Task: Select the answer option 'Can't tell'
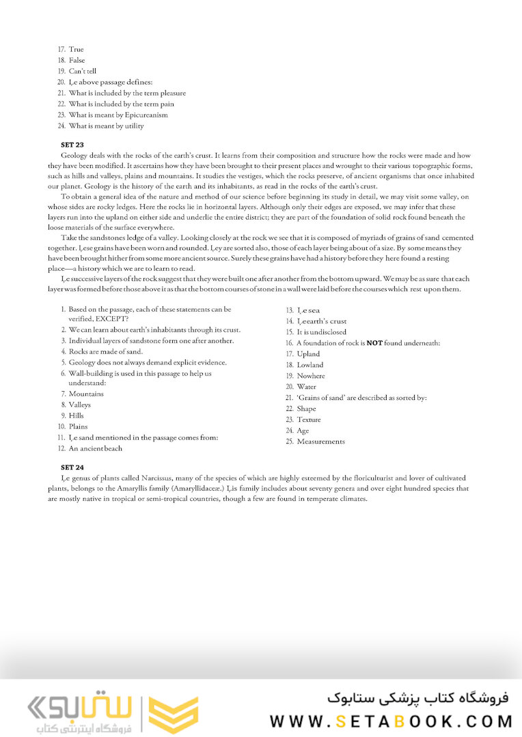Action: point(82,71)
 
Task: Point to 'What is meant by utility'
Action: point(106,126)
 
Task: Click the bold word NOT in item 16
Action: point(374,343)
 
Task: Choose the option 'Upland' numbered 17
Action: point(308,354)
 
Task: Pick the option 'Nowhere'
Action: point(311,376)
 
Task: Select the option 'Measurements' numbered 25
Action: point(320,442)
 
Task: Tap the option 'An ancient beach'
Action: point(96,448)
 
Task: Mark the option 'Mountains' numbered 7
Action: point(86,394)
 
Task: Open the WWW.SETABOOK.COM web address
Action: point(391,721)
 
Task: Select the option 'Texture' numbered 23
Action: point(308,420)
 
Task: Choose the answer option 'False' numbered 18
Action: point(77,60)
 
